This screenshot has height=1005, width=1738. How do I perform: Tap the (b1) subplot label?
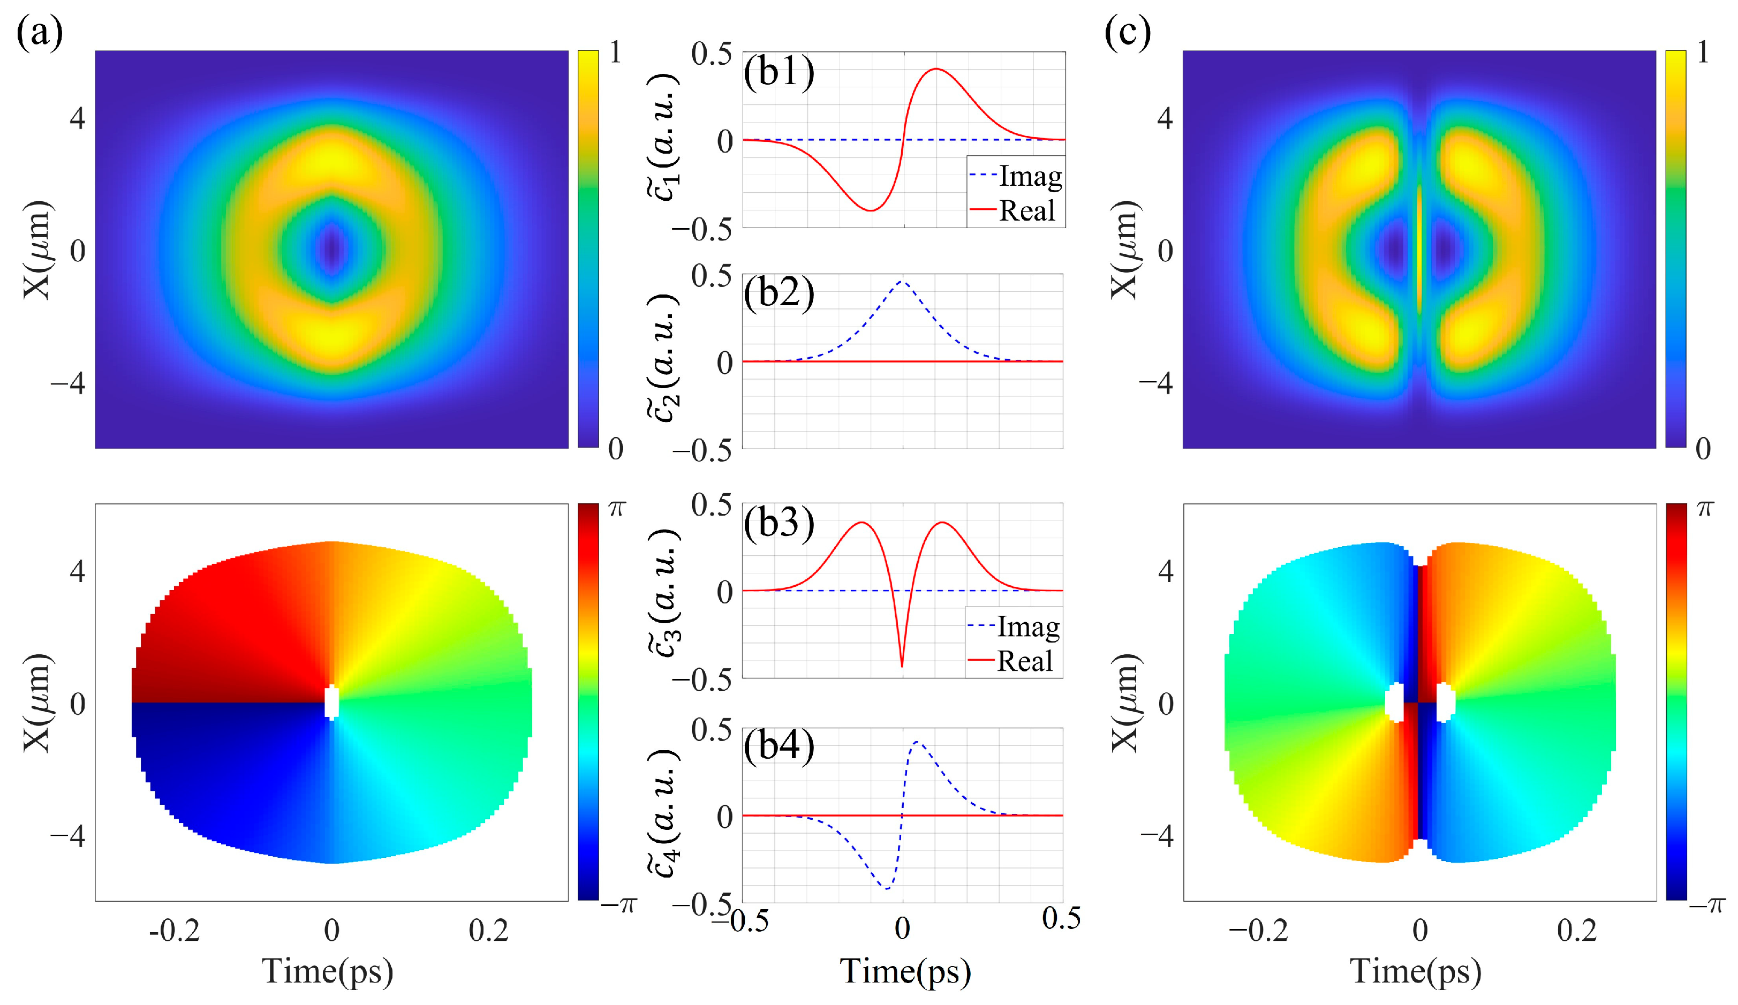click(x=779, y=71)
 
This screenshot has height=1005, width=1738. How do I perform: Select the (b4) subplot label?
click(x=779, y=745)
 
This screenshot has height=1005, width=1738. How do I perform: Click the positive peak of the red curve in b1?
click(x=935, y=69)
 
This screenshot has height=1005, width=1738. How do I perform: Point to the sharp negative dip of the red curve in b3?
click(x=902, y=666)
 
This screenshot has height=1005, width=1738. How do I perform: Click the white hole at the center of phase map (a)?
click(x=333, y=702)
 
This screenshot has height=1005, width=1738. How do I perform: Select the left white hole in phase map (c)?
click(x=1395, y=702)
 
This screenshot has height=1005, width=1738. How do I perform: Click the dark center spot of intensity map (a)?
click(x=333, y=250)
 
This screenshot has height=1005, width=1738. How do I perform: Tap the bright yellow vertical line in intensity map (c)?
click(x=1419, y=250)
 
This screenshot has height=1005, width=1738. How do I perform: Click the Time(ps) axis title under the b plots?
click(x=905, y=971)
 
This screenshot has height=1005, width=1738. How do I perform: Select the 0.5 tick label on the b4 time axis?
click(x=1061, y=918)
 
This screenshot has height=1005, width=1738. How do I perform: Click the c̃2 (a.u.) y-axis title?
click(x=663, y=359)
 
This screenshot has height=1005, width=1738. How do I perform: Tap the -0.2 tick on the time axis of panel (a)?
click(x=175, y=931)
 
